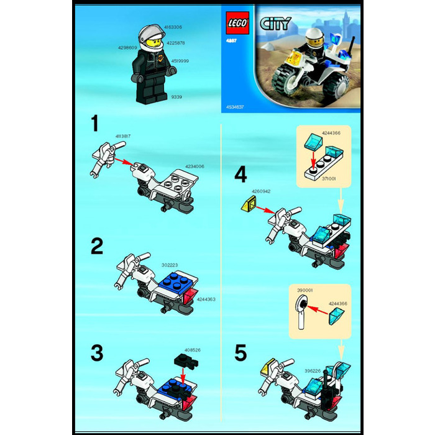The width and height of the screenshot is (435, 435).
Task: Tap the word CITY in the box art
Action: [275, 24]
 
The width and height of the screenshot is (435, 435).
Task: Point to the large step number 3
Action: [96, 353]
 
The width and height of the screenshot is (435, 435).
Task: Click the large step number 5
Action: [241, 353]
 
